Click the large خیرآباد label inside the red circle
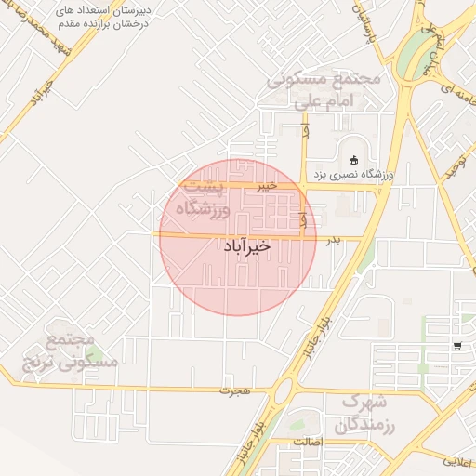[248, 246]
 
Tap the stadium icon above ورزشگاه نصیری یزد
[354, 158]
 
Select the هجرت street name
[235, 390]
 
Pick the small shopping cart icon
[457, 346]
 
